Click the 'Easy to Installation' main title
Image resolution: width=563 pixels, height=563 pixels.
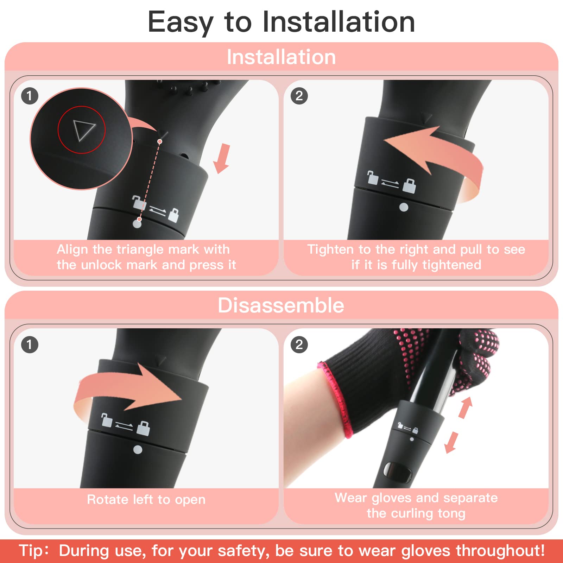[x=281, y=22]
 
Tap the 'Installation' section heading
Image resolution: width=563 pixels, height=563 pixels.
[x=281, y=57]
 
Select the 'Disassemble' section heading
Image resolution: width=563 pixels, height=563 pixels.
[x=281, y=305]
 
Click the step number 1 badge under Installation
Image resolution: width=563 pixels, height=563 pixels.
[x=30, y=96]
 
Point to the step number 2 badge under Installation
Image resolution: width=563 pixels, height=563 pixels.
[x=299, y=96]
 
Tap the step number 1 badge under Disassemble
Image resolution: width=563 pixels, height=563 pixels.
[x=30, y=344]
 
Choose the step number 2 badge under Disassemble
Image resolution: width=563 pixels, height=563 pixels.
[x=299, y=344]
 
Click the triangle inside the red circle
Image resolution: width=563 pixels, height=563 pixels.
[x=83, y=129]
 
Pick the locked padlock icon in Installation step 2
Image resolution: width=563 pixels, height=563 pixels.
[x=409, y=185]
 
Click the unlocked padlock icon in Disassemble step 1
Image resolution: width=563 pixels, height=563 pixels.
[x=106, y=420]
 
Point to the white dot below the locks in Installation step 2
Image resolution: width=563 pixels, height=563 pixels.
[x=404, y=207]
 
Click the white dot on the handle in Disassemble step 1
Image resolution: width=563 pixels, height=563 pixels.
[x=138, y=449]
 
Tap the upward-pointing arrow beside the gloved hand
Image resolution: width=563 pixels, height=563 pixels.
[x=466, y=407]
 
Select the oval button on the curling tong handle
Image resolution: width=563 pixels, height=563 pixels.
[x=398, y=472]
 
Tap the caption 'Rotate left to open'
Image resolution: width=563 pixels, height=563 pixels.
[x=146, y=499]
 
